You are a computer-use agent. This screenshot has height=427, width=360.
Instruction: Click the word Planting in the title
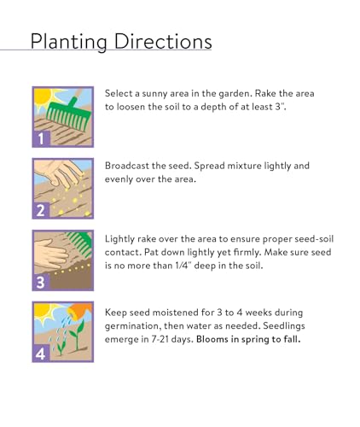point(69,42)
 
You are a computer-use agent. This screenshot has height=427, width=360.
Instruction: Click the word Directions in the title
point(163,41)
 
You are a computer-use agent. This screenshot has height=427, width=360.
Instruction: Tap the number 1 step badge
point(42,138)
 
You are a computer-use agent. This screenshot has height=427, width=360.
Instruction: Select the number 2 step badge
point(42,210)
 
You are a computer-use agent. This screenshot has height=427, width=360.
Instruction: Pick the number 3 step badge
point(42,282)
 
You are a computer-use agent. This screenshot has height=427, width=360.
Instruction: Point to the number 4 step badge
point(42,354)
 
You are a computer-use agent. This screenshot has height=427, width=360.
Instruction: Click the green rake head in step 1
point(69,116)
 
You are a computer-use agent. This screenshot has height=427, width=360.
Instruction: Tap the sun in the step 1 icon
point(44,96)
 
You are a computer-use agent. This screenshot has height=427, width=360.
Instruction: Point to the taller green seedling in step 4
point(77,336)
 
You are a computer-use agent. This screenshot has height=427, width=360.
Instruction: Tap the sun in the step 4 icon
point(44,311)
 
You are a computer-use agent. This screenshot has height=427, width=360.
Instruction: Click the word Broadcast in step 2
point(127,166)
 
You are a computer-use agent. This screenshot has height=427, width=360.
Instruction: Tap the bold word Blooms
point(212,339)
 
